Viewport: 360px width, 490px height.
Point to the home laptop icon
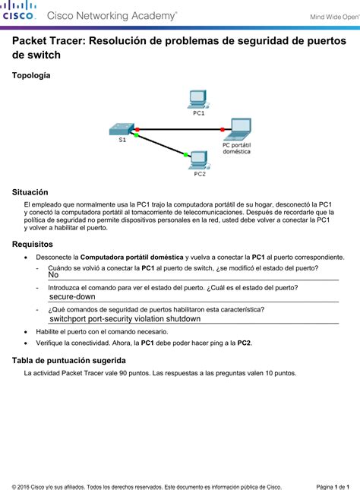pos(239,128)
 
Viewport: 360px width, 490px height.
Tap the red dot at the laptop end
pos(223,129)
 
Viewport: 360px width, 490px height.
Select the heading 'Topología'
pos(31,76)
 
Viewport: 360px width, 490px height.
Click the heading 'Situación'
pos(30,193)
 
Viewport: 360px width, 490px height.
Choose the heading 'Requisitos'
pos(33,245)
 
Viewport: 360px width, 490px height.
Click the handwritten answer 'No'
pos(54,275)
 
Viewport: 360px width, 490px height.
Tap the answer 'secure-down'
pos(72,297)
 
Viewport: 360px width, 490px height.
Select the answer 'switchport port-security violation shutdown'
pos(125,319)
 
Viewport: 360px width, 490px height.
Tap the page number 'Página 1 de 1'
pos(332,485)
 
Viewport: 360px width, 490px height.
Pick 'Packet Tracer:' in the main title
pos(48,43)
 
